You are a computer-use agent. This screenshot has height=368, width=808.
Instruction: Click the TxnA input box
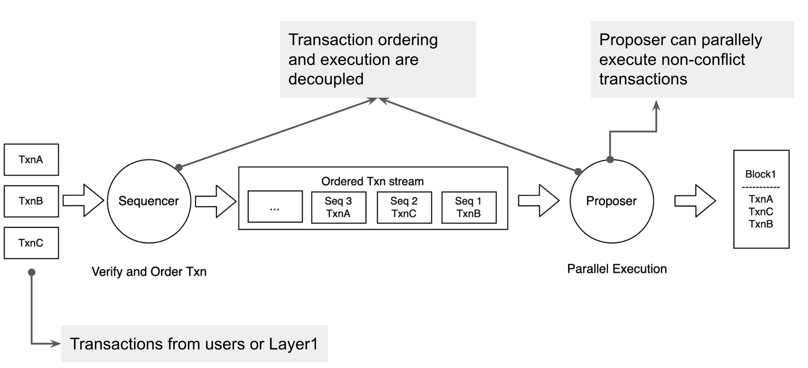pos(31,160)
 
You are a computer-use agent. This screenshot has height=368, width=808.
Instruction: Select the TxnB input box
pos(31,201)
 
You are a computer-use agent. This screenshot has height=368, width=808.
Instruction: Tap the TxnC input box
pos(31,243)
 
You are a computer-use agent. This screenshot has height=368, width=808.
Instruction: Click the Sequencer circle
pos(149,201)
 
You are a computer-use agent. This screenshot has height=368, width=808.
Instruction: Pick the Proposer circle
pos(612,201)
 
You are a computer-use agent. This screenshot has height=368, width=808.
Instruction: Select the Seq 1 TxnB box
pos(469,208)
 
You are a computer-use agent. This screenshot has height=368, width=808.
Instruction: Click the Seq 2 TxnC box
pos(404,208)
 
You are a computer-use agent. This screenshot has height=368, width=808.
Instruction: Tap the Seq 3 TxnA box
pos(339,208)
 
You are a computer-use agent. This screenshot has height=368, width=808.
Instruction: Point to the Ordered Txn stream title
pos(373,182)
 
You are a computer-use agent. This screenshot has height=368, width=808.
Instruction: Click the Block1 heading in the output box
pos(760,174)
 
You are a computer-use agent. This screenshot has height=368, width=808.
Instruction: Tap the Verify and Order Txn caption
pos(149,272)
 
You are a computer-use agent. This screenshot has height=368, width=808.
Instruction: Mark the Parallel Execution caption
pos(617,269)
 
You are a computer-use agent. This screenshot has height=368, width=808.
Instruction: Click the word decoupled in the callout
pos(326,79)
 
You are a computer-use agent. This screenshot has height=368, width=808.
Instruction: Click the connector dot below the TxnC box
pos(32,272)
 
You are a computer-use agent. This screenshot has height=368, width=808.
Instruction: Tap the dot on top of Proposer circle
pos(610,160)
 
